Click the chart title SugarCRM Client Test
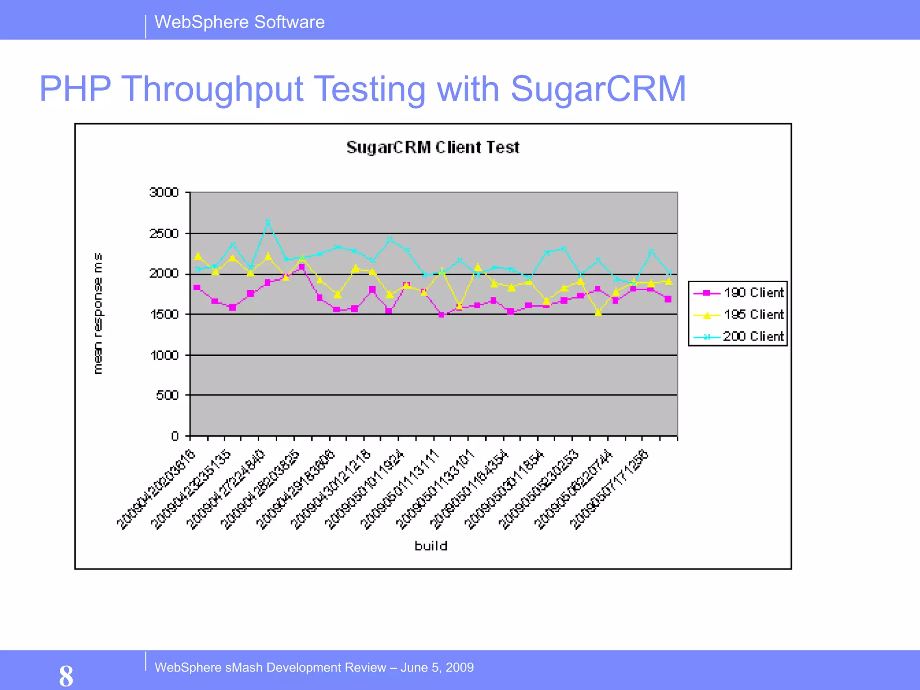click(x=433, y=147)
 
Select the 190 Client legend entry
click(x=753, y=292)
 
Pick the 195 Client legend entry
click(x=753, y=314)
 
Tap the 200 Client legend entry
click(x=753, y=336)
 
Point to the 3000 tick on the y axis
click(x=164, y=192)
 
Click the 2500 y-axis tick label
click(x=164, y=234)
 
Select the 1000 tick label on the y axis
click(x=164, y=355)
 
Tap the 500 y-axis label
click(x=167, y=395)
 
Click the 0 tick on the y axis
click(x=175, y=436)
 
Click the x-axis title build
click(x=431, y=546)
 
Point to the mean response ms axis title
click(x=97, y=313)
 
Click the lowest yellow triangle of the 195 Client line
click(x=598, y=313)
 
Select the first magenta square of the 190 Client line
click(x=197, y=287)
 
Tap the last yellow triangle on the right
click(x=668, y=281)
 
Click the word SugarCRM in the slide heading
click(x=598, y=89)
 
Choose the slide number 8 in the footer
click(x=66, y=676)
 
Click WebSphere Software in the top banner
click(x=239, y=22)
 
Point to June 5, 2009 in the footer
click(x=437, y=668)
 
